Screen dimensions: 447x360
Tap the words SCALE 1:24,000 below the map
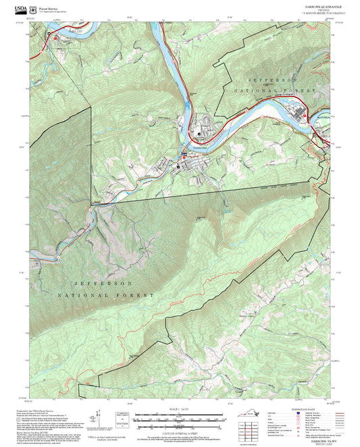(x=180, y=410)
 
